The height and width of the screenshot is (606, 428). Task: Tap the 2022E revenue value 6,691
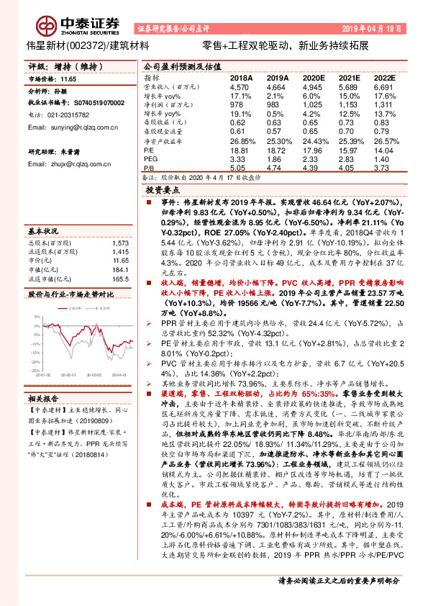[x=384, y=86]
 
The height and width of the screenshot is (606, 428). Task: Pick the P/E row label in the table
[x=149, y=150]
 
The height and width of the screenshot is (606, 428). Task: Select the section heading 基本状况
[x=42, y=232]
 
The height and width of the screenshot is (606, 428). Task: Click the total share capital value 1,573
[x=121, y=243]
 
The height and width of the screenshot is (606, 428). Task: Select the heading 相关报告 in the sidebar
[x=42, y=399]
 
